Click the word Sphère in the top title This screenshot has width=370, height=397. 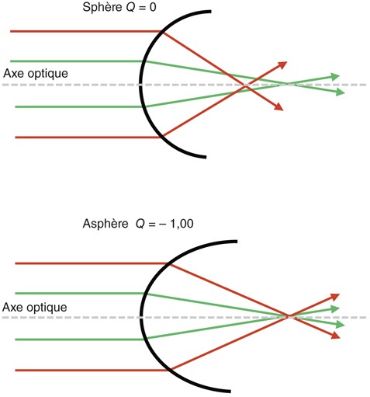pos(102,7)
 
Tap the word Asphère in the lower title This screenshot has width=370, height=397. pos(105,224)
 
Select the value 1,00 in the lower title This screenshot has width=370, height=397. pos(182,224)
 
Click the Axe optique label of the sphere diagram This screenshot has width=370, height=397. pos(36,74)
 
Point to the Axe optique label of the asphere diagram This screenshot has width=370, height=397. pos(35,308)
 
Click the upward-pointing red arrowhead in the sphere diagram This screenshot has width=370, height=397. pos(283,64)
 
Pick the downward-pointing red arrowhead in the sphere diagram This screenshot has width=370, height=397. pos(279,106)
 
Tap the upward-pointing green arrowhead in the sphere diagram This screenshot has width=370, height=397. pos(336,77)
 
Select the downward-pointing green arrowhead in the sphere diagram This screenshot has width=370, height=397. pos(341,92)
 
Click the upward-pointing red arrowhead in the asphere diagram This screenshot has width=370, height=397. pos(335,297)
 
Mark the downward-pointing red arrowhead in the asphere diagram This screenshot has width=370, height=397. pos(336,336)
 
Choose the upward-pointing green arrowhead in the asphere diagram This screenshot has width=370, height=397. pos(335,309)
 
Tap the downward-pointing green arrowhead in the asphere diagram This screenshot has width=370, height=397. pos(341,325)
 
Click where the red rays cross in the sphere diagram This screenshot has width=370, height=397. pos(245,85)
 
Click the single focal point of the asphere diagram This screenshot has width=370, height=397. pos(288,316)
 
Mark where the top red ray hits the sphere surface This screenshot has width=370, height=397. pos(162,32)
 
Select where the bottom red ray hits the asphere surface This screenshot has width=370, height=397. pos(170,370)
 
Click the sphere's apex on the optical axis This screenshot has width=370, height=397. pos(140,85)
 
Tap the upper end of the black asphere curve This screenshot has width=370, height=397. pos(237,242)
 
